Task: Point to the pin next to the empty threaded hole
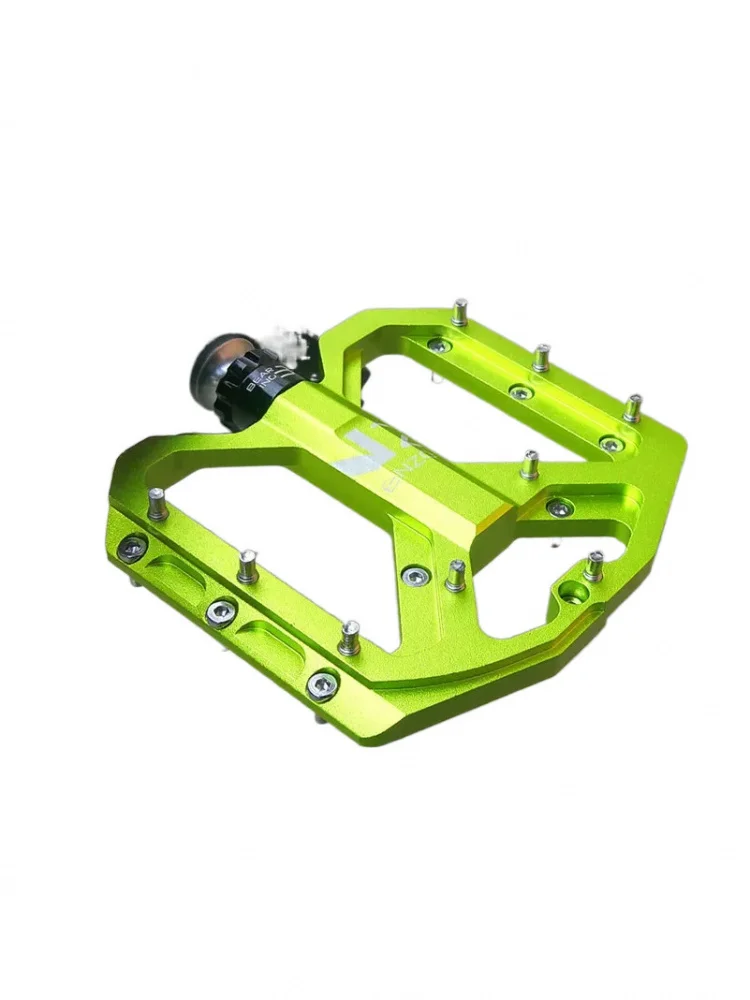coord(594,565)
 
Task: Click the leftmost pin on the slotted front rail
coord(156,504)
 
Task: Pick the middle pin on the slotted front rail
coord(246,565)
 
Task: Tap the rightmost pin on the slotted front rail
coord(350,636)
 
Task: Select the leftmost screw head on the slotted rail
coord(131,547)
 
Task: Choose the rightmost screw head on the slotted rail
coord(322,684)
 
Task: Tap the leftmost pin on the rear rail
coord(459,312)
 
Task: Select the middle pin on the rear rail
coord(541,357)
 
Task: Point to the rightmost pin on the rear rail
coord(632,407)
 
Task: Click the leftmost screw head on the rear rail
coord(437,346)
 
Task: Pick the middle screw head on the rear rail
coord(519,391)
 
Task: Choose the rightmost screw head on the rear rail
coord(608,443)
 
